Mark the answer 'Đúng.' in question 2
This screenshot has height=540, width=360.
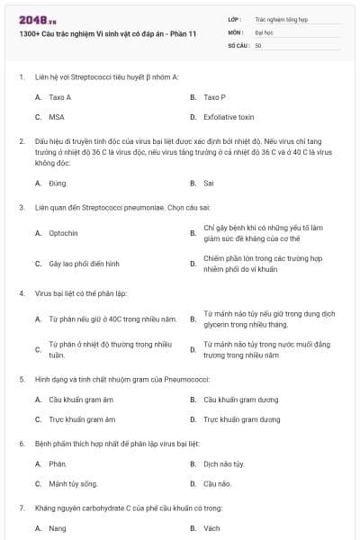coord(58,183)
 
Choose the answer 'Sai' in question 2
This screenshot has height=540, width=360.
coord(209,183)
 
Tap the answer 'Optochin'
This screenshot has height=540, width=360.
coord(64,233)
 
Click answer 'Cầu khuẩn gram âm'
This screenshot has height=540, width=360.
coord(82,399)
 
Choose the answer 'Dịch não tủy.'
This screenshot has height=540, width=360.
coord(224,463)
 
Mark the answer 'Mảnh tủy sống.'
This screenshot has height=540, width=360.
coord(73,483)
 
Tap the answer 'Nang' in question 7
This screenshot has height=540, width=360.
coord(58,528)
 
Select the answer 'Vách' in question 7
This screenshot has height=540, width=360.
coord(212,528)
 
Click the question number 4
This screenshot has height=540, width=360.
coord(22,293)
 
